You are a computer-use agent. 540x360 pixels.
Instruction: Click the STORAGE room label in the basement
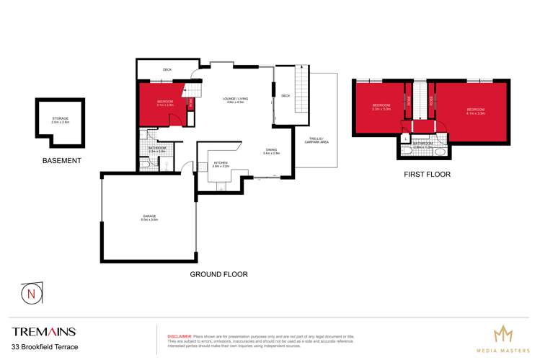click(x=60, y=120)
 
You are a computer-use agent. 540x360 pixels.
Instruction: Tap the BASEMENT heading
click(x=61, y=160)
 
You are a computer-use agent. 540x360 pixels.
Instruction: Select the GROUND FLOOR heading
click(x=218, y=274)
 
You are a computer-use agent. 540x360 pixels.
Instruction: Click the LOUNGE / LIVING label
click(x=236, y=101)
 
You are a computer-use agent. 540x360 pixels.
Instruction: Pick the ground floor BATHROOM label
click(x=157, y=149)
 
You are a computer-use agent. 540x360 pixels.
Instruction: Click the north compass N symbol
click(x=30, y=294)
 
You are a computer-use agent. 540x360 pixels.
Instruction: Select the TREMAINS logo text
click(x=43, y=332)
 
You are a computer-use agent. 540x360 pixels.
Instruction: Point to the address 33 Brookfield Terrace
click(x=45, y=347)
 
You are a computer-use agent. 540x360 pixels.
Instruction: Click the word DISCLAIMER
click(x=180, y=335)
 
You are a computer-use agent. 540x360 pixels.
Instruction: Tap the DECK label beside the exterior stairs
click(x=286, y=95)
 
